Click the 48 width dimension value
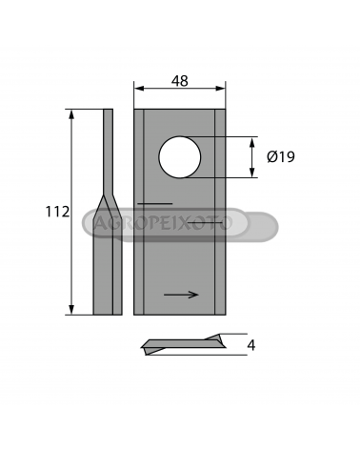[180, 81]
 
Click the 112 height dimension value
[57, 212]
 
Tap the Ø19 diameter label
[281, 156]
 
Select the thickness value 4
[251, 345]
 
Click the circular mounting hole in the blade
[180, 157]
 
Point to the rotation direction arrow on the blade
[181, 295]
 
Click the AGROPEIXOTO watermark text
[163, 223]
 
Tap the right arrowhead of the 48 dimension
[221, 89]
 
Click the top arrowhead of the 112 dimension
[71, 114]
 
